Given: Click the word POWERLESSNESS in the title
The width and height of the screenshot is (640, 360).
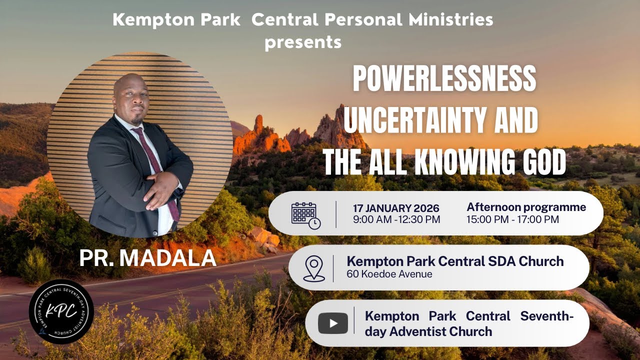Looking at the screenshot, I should tap(444, 79).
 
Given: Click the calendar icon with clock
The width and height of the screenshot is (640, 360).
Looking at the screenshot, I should tap(305, 215).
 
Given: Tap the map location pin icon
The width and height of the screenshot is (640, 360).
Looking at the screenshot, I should tap(313, 269).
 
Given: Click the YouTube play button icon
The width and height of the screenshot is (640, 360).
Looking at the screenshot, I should tap(332, 323).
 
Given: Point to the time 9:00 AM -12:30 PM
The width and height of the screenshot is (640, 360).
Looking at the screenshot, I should tap(396, 220).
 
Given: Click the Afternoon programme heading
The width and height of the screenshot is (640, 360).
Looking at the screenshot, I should tap(526, 207).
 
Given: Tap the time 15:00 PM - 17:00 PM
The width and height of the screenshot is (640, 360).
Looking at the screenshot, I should tap(512, 219).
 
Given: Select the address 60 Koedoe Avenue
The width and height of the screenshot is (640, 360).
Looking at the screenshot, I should tap(389, 274).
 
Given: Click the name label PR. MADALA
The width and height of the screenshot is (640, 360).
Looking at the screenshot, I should tap(147, 258).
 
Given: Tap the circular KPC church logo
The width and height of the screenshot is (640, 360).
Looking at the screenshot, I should tap(61, 311).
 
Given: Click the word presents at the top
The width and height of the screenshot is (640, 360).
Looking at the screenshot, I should tap(303, 42).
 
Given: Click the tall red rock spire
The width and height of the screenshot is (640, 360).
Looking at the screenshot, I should tap(258, 125).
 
